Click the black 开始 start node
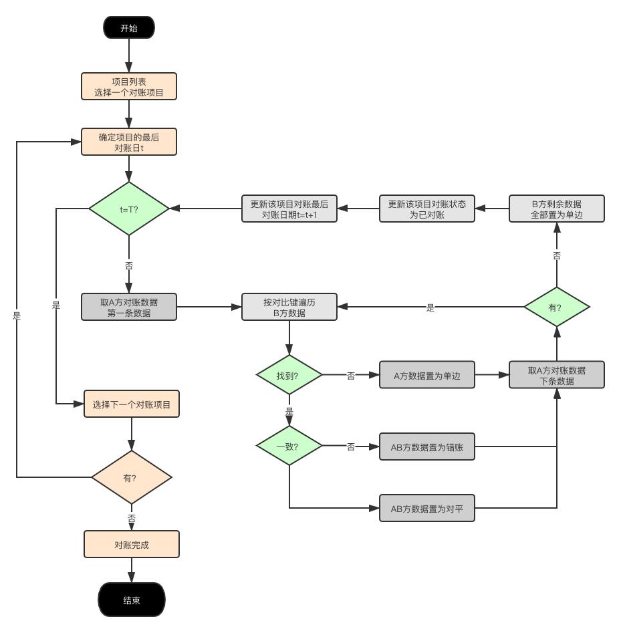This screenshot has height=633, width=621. click(129, 28)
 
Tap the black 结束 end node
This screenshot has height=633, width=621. click(132, 600)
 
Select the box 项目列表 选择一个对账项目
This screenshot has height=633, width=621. click(129, 87)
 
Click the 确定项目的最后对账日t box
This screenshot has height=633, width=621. click(129, 142)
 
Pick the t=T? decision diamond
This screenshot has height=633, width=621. click(129, 209)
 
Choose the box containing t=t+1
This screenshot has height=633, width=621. click(289, 209)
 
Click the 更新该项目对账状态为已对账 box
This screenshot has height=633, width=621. click(427, 209)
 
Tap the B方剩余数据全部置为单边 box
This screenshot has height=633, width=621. click(556, 209)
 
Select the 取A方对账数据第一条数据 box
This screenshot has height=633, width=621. click(129, 307)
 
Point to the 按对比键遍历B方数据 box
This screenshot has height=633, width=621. click(289, 307)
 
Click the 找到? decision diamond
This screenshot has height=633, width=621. click(289, 375)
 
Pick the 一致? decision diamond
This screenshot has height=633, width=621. click(289, 446)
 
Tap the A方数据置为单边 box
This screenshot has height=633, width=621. click(427, 375)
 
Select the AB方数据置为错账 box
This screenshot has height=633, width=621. click(427, 447)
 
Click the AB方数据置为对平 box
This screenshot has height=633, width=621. click(427, 508)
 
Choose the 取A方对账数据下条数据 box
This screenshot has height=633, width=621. click(556, 375)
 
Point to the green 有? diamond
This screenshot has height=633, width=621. click(556, 307)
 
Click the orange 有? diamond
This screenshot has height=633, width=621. click(132, 477)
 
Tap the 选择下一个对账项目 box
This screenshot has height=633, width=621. click(132, 404)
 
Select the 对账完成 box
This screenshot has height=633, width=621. click(132, 544)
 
